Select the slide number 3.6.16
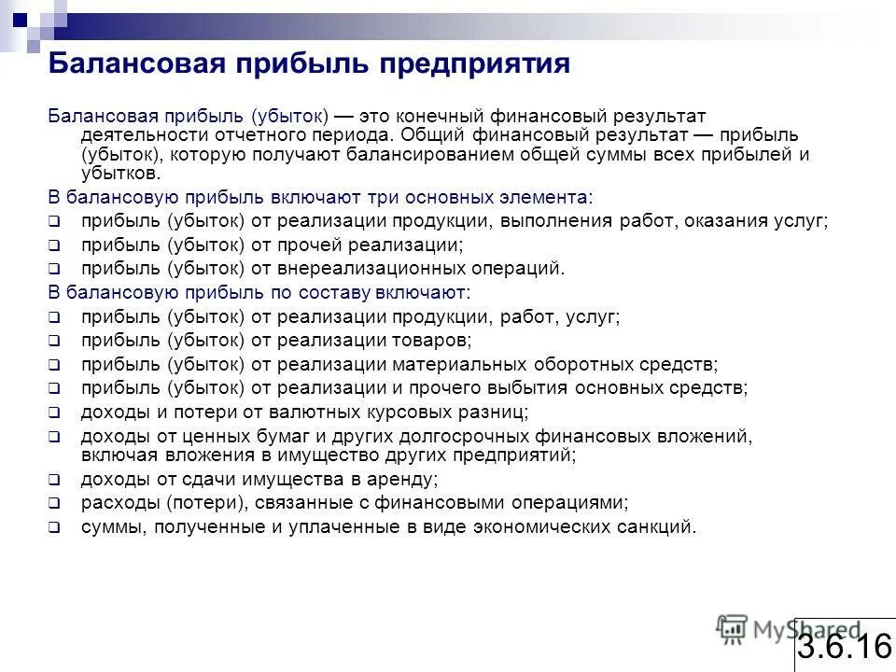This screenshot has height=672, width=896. pos(845,645)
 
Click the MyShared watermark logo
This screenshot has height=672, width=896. pos(789,630)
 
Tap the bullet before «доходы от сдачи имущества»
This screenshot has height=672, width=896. pos(54,481)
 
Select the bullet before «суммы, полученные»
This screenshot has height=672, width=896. pos(54,527)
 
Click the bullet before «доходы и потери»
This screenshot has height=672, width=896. pos(54,412)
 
